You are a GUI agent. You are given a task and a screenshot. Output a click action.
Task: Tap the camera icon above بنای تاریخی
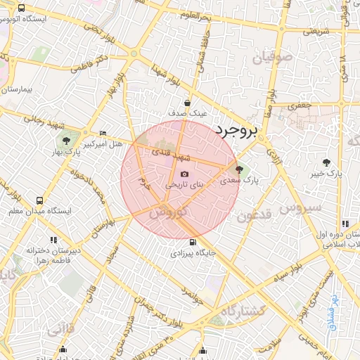coord(184,174)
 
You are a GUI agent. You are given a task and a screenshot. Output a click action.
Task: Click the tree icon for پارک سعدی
coord(240,169)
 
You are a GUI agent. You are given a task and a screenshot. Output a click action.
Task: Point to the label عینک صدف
coord(188,112)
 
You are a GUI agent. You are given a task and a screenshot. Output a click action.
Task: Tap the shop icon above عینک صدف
coord(188,102)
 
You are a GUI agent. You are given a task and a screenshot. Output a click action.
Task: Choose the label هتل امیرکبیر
coord(103,143)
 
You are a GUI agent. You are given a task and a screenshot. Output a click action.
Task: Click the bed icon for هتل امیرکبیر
coord(103,133)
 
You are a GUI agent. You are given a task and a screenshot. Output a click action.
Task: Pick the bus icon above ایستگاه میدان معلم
coord(38,200)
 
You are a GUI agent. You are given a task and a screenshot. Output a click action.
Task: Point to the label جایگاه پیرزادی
coord(194,252)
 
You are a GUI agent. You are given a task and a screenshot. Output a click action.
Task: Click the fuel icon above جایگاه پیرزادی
coord(194,241)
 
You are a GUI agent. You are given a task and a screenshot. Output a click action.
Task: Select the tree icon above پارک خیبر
coord(326,162)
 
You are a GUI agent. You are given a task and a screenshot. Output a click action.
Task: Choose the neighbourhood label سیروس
coord(300,207)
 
